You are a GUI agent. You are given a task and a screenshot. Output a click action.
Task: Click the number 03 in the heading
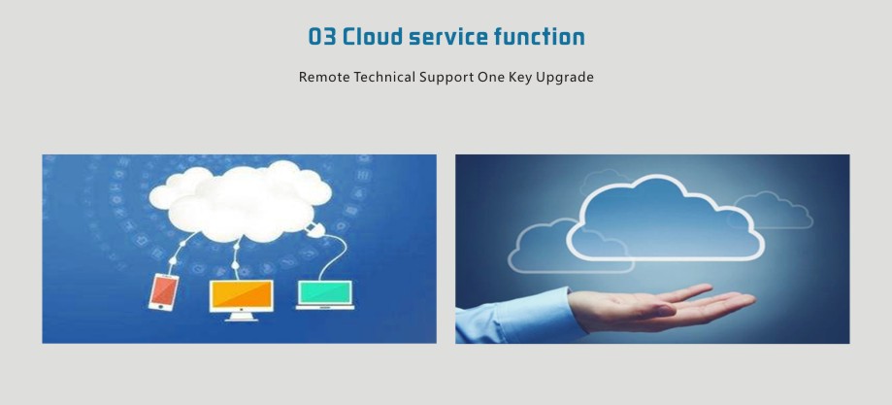click(321, 37)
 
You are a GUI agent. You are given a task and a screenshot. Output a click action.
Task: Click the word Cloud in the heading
click(372, 37)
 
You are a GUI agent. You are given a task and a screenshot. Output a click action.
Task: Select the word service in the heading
click(448, 37)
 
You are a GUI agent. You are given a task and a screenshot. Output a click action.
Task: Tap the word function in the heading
click(540, 37)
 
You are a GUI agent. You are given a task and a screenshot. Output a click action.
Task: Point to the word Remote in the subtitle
click(324, 77)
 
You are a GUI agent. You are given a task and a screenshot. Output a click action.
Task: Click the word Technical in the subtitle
click(384, 77)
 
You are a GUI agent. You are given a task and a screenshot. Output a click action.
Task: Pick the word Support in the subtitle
click(446, 78)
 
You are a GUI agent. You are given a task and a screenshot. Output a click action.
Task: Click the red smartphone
click(163, 292)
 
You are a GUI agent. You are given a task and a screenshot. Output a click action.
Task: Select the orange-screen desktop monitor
click(242, 297)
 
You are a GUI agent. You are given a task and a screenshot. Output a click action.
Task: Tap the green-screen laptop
click(325, 295)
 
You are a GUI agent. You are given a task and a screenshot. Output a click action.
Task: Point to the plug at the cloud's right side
click(312, 229)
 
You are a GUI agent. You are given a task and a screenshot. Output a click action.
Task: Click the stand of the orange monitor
click(242, 317)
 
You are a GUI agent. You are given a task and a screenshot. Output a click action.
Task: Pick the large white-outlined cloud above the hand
click(666, 219)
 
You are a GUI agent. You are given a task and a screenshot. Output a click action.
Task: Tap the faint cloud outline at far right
click(774, 210)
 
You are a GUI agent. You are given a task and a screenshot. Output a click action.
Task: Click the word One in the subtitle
click(490, 77)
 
